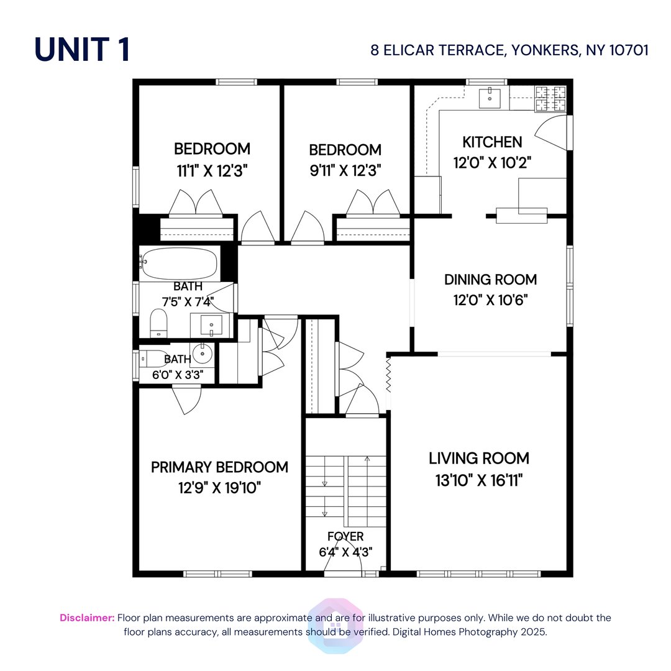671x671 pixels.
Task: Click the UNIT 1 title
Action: coord(82,49)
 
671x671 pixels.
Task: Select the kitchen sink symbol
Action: coord(491,96)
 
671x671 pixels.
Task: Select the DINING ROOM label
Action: coord(490,280)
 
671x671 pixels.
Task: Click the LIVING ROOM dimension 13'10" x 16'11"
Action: coord(479,480)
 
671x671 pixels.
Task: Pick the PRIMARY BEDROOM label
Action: coord(219,467)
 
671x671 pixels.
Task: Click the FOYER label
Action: coord(345,536)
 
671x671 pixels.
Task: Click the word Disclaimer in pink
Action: coord(87,618)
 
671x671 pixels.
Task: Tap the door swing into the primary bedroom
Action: coord(187,399)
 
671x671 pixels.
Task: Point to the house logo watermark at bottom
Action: coord(335,624)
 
